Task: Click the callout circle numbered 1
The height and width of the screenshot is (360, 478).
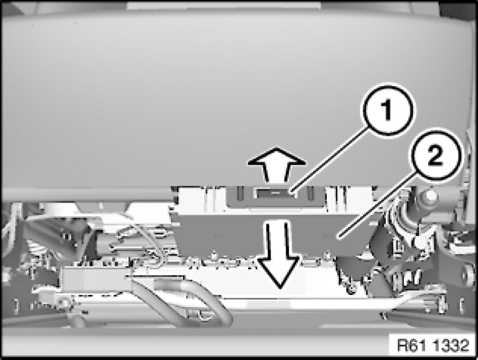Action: (x=387, y=110)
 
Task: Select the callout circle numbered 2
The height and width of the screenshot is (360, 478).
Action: (x=435, y=155)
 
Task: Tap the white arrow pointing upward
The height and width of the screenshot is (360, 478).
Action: (x=276, y=165)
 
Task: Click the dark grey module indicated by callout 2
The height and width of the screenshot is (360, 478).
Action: (x=274, y=234)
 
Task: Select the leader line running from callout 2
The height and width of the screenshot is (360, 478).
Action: (x=377, y=204)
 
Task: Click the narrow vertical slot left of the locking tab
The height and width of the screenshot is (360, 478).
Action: (x=240, y=194)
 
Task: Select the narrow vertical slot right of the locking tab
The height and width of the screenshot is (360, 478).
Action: (x=310, y=194)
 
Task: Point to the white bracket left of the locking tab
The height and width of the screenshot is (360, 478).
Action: (x=203, y=199)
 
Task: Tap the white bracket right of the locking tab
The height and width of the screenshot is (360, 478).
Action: (x=349, y=199)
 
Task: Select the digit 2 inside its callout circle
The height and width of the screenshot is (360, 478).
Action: (x=435, y=155)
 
